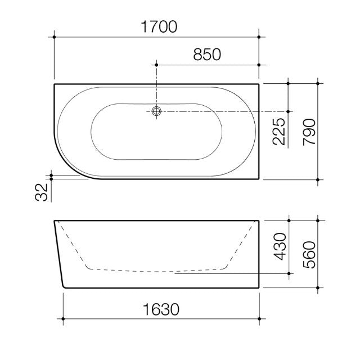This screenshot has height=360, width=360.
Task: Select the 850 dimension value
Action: tap(207, 54)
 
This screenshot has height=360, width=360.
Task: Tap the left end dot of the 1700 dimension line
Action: tap(55, 37)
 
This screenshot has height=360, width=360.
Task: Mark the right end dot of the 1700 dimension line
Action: tap(259, 37)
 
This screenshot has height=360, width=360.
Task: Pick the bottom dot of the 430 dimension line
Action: tap(289, 274)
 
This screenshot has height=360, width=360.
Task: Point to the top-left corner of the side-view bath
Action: tap(55, 220)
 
